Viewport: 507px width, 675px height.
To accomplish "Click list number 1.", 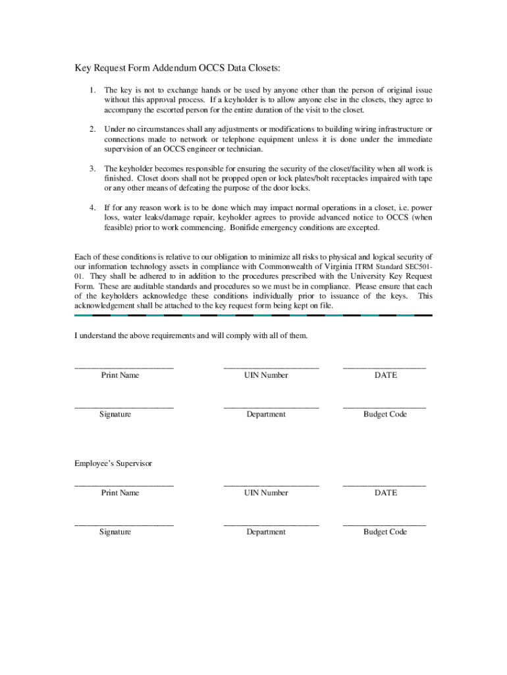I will coord(93,90).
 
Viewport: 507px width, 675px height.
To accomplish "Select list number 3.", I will coord(93,169).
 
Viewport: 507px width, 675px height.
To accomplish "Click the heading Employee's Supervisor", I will coord(113,463).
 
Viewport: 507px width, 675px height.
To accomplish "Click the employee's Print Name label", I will coord(120,375).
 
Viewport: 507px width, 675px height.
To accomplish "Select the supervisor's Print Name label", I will coord(120,492).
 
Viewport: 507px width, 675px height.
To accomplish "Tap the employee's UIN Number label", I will coord(266,375).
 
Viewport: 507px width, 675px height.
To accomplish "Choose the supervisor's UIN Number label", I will coord(266,492).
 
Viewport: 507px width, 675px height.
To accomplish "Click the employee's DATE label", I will coord(385,375).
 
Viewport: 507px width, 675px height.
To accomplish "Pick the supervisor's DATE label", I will coord(385,492).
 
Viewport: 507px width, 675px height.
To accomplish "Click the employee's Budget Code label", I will coord(385,414).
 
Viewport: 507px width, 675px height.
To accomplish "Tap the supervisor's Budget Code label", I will coord(385,532).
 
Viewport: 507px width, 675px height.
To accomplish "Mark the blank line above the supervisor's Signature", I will coord(124,525).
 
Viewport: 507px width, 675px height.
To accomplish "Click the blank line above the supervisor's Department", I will coord(271,525).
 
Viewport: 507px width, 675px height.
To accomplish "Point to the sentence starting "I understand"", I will coord(191,336).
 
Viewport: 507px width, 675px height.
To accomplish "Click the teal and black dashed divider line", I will coord(254,315).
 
